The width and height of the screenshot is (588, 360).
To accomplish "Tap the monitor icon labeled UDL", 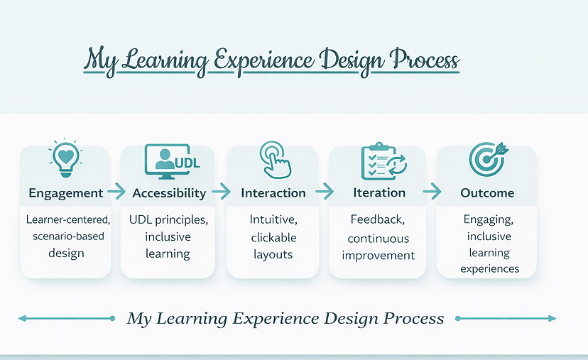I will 171,161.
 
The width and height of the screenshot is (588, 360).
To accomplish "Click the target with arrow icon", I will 486,160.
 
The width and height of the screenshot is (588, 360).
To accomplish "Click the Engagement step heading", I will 66,193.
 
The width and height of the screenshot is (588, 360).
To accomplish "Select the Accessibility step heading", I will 169,193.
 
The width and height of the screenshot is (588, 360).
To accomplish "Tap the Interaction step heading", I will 273,193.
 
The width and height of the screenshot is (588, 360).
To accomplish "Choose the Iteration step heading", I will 379,192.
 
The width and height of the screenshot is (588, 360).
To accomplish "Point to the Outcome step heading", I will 487,193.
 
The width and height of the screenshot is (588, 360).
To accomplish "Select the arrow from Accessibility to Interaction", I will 221,191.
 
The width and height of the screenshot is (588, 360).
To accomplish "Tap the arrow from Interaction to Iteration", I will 325,191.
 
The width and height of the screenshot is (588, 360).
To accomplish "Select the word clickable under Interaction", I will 273,236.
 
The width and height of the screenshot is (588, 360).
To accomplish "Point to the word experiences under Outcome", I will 489,269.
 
